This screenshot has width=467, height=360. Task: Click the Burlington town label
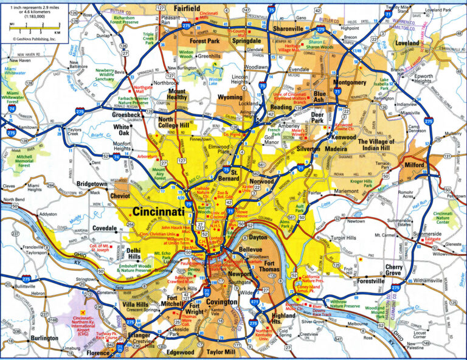pyautogui.click(x=44, y=337)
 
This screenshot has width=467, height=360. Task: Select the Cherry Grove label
pyautogui.click(x=402, y=271)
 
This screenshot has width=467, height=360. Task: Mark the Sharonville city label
pyautogui.click(x=279, y=29)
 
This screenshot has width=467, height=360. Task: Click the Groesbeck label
pyautogui.click(x=126, y=114)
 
